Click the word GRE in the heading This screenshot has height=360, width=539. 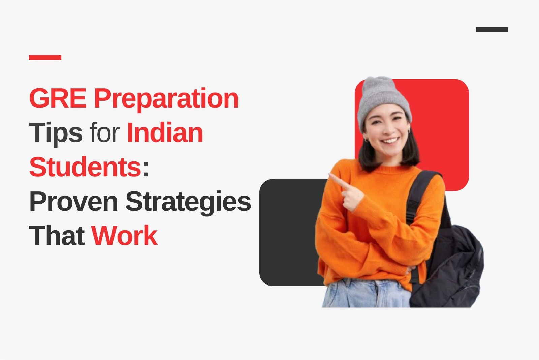58,98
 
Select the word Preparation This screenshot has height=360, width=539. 166,99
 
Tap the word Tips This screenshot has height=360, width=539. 56,133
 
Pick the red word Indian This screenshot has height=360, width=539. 165,132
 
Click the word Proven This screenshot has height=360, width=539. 73,201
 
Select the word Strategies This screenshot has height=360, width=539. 188,203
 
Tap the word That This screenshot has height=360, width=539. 57,236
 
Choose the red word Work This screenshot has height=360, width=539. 124,236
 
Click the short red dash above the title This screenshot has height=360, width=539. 45,57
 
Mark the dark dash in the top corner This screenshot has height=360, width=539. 492,30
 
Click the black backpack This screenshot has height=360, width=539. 448,265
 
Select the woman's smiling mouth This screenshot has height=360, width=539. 390,140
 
